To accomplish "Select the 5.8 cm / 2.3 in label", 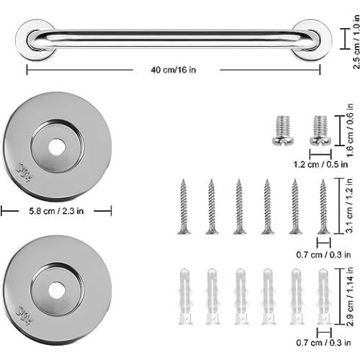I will [x=55, y=210].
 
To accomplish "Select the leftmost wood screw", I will [x=184, y=206].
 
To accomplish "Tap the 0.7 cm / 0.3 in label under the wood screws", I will [x=322, y=253].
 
